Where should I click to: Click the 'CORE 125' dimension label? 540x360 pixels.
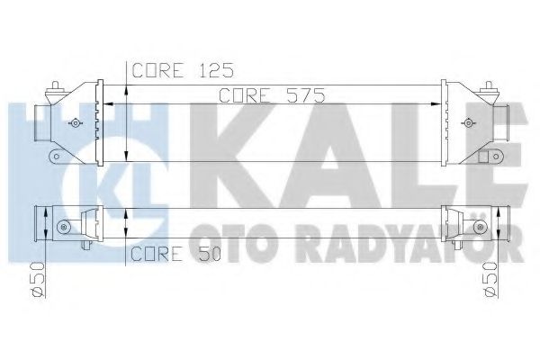click(x=170, y=69)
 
